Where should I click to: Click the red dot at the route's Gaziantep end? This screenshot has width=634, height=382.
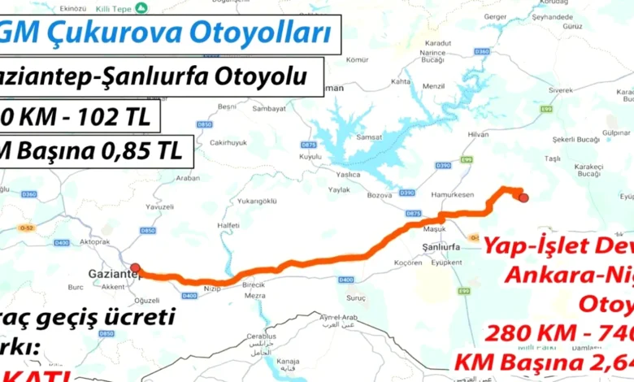[135, 267]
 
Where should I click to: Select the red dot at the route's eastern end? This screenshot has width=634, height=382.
[523, 197]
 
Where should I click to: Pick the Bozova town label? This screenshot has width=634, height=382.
[379, 196]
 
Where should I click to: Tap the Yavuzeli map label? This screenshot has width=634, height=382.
[158, 206]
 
